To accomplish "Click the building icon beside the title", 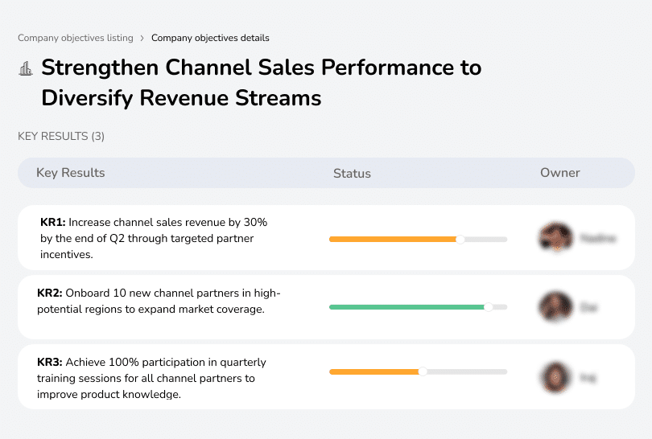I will [x=26, y=68].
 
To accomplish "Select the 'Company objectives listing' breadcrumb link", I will [x=76, y=38].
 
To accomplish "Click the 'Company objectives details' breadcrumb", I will [x=210, y=38].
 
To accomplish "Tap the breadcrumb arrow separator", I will [x=142, y=38].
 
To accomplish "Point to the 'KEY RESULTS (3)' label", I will [x=61, y=137].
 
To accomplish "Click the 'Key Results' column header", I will [x=70, y=173].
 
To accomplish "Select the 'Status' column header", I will [x=352, y=173].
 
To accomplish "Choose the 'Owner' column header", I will [x=560, y=173].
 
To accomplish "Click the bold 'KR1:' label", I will [x=53, y=221].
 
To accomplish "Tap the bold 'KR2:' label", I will [x=50, y=293].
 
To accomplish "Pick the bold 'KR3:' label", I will [x=50, y=363].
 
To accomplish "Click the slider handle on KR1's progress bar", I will [x=460, y=239].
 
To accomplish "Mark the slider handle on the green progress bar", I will [x=488, y=307].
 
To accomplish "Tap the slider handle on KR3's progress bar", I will [x=423, y=371].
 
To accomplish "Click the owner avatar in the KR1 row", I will [x=555, y=238].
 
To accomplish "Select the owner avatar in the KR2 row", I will [x=555, y=307].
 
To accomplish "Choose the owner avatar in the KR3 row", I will [x=555, y=376].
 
